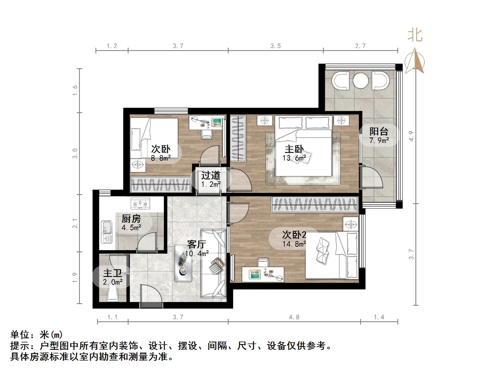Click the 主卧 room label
pos(294,149)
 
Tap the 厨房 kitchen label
pos(131,219)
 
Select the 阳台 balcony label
pos(379,131)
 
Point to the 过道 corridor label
pos(211,175)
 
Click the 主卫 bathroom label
pos(113,273)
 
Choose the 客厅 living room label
pos(197,244)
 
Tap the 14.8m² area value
pos(294,244)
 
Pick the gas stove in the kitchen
pos(140,203)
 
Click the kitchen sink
pos(107,232)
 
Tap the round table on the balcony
pos(360,81)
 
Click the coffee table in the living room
pos(183,263)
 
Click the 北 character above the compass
pos(415,36)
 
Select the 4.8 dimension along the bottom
pos(294,317)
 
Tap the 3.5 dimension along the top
pos(276,46)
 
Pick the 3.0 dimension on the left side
pos(75,153)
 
